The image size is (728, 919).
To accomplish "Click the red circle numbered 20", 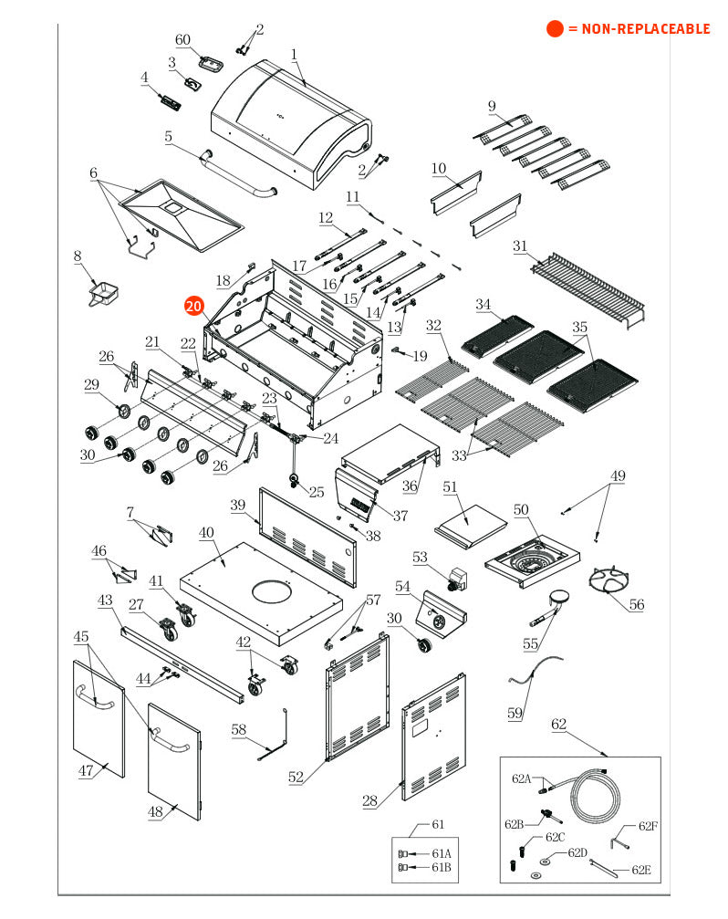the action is pos(193,306).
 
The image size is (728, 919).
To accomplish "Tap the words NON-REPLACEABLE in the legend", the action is pos(645,28).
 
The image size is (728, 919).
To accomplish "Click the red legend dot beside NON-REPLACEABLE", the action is pos(555,28).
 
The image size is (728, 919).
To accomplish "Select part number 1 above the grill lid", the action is pos(294,55).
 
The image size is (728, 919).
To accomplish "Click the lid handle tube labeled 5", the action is pos(237,174).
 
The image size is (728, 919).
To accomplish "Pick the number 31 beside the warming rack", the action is pos(520,246).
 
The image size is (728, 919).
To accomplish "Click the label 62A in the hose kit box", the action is pos(521,778).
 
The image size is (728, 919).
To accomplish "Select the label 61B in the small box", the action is pos(441,867).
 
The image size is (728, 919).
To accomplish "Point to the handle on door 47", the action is pos(95,698).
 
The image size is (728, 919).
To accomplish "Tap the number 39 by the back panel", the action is pos(238,506).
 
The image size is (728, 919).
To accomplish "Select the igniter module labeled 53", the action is pos(457,580).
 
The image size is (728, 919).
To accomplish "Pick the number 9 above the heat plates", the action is pos(492,106).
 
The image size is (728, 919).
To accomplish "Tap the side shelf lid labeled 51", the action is pos(471,527).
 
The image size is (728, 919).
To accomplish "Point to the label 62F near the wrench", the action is pos(648,826).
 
